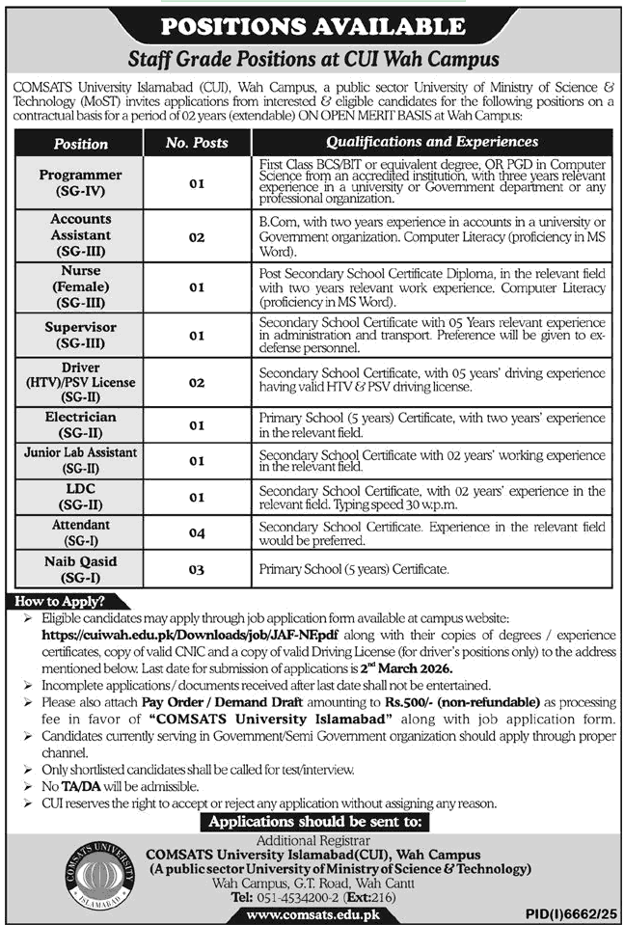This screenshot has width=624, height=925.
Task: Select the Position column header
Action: pos(81,143)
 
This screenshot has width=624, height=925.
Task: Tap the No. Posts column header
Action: pos(197,143)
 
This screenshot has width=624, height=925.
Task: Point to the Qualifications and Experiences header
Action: pos(432,142)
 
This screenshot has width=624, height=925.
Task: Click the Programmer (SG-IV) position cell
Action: pos(81,182)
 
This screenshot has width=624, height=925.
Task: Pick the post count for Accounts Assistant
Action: pos(197,234)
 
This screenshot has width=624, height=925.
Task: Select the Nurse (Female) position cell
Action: pos(81,286)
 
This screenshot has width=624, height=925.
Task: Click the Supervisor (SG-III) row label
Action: pos(81,335)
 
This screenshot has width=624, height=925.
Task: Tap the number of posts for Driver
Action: pos(197,382)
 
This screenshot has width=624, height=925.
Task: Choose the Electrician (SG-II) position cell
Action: pos(81,425)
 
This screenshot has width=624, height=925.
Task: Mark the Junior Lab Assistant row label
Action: pos(81,459)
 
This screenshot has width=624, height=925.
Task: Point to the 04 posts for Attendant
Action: pos(197,532)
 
